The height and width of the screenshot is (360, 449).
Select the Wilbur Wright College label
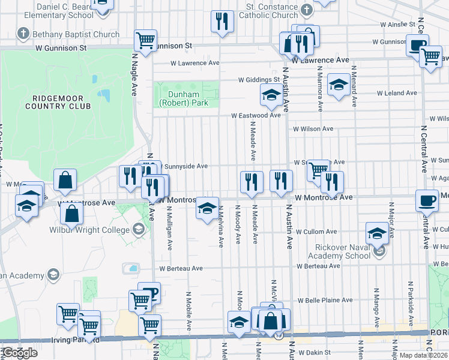(95, 230)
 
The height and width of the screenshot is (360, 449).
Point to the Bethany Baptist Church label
(77, 34)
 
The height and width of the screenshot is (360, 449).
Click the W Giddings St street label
(259, 79)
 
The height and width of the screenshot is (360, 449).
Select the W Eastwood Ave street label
(256, 116)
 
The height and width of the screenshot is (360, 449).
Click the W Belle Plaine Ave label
(327, 300)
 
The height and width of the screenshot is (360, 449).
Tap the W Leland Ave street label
(397, 93)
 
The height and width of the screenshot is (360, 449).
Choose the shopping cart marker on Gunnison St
(146, 40)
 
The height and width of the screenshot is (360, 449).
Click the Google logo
(20, 352)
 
